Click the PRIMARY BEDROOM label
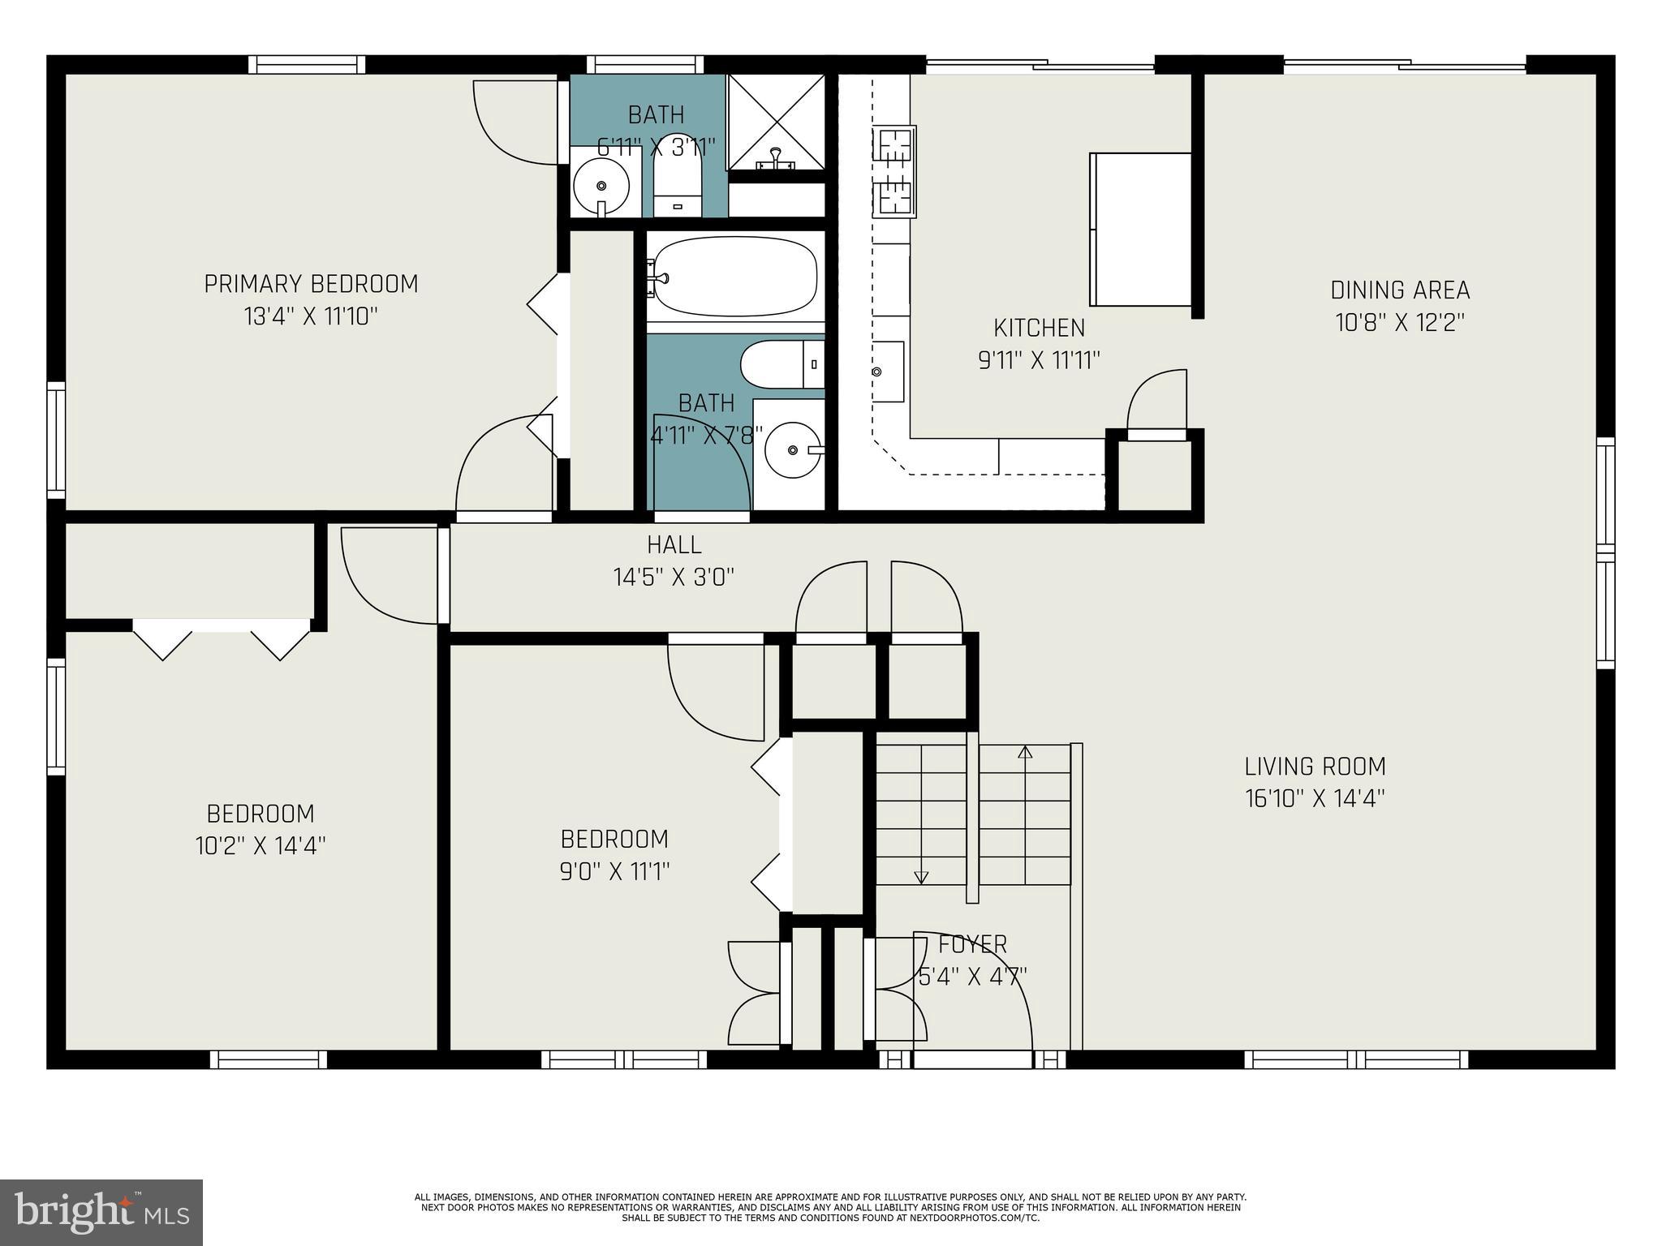pyautogui.click(x=311, y=284)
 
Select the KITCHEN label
pyautogui.click(x=1039, y=328)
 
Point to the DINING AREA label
pyautogui.click(x=1400, y=290)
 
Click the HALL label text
pyautogui.click(x=674, y=544)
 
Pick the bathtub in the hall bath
pyautogui.click(x=734, y=276)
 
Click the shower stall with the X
pyautogui.click(x=777, y=122)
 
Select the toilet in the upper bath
pyautogui.click(x=678, y=183)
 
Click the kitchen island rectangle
pyautogui.click(x=1139, y=229)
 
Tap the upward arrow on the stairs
pyautogui.click(x=1025, y=753)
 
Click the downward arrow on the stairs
pyautogui.click(x=921, y=876)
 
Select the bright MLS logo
pyautogui.click(x=101, y=1212)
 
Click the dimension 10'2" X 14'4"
pyautogui.click(x=260, y=846)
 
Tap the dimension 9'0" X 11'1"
pyautogui.click(x=614, y=871)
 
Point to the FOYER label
pyautogui.click(x=972, y=944)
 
